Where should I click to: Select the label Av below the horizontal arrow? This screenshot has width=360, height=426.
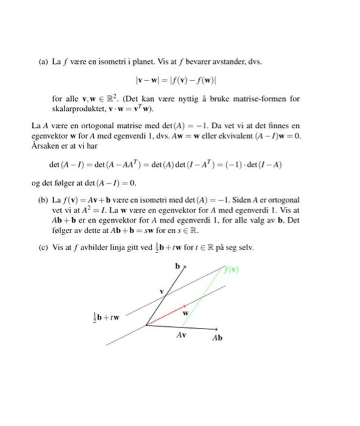tap(182, 335)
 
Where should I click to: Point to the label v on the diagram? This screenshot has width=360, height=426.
tap(161, 292)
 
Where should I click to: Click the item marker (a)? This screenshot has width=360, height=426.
tap(43, 61)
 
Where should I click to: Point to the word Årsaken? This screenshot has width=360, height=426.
tap(44, 146)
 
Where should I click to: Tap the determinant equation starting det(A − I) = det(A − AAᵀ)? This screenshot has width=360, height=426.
tap(165, 164)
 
